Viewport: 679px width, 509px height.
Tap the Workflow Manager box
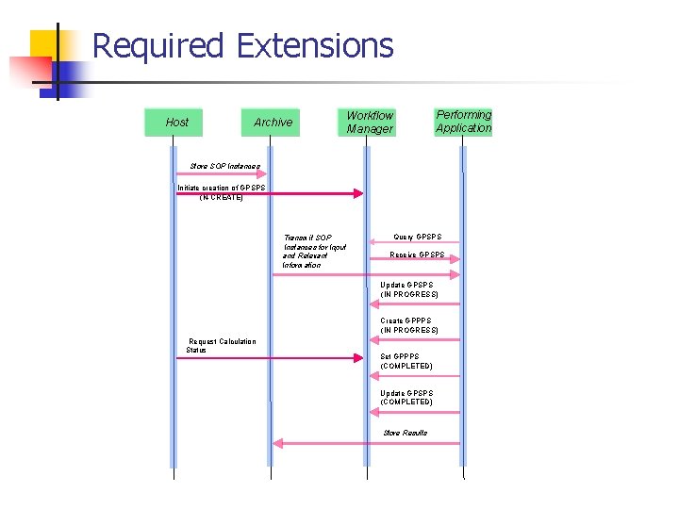pos(368,123)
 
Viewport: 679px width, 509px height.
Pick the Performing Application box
pos(463,122)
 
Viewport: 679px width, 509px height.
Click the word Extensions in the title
pos(315,45)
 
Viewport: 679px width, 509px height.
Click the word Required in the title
pos(158,45)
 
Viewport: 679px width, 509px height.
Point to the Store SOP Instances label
pos(224,166)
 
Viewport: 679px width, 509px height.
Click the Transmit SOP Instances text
pos(314,251)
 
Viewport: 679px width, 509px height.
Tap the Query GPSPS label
pos(417,237)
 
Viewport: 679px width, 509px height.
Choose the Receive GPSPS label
pos(417,255)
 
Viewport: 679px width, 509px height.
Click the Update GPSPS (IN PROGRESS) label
pos(408,289)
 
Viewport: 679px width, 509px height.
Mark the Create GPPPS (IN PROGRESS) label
pos(408,325)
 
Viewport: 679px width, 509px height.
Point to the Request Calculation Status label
pos(221,345)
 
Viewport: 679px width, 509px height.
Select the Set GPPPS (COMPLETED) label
pos(406,361)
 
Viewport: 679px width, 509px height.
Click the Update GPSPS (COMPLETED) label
pos(406,397)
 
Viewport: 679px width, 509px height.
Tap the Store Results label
pos(405,433)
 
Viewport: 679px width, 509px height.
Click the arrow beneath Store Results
pos(366,443)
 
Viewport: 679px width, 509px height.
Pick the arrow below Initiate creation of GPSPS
pos(270,193)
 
